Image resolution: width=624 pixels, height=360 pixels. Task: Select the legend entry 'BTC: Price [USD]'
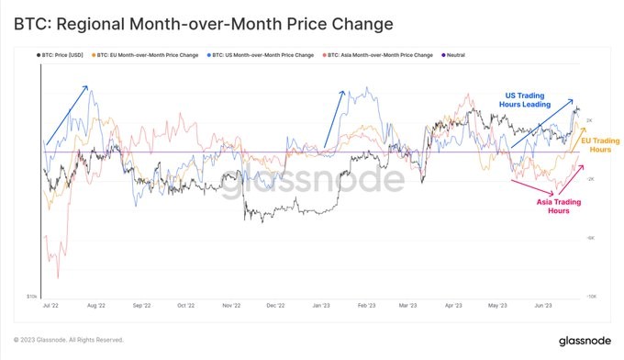[64, 55]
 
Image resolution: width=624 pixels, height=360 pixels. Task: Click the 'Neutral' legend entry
[452, 55]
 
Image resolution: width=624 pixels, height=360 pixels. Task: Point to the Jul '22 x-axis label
[52, 304]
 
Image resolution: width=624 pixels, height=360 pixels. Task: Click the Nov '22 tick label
[230, 304]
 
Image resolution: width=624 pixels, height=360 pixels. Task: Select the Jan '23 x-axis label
[320, 304]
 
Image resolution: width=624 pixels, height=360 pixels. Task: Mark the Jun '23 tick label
[543, 304]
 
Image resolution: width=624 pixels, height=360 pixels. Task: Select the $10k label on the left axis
[32, 297]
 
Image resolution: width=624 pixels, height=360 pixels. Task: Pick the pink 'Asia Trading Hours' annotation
[558, 206]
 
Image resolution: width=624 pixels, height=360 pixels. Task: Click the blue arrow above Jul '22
[67, 115]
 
